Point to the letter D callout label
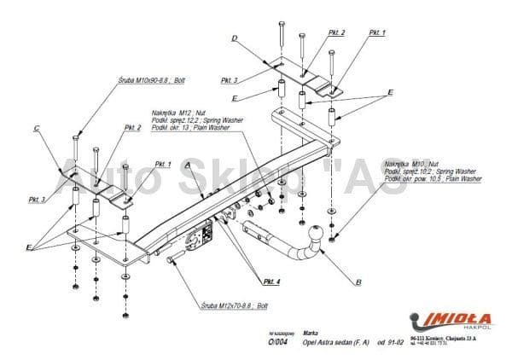tap(233, 37)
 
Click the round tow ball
tap(316, 233)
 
